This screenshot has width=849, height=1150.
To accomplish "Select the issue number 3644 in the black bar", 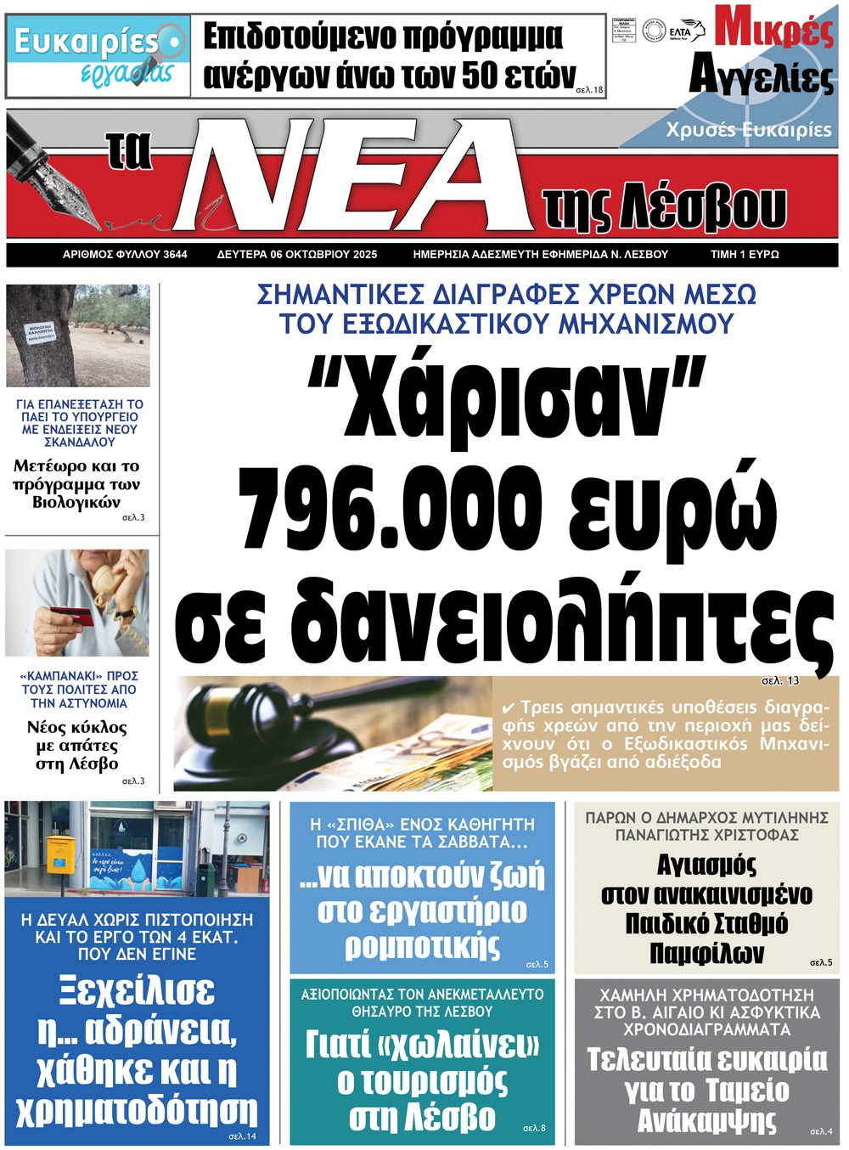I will pyautogui.click(x=176, y=254).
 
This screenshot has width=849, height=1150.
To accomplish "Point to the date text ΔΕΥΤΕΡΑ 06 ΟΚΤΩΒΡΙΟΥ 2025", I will pyautogui.click(x=297, y=254).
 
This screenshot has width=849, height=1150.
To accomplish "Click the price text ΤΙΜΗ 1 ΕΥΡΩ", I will pyautogui.click(x=745, y=254).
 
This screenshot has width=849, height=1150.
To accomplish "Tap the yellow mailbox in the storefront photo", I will pyautogui.click(x=59, y=853).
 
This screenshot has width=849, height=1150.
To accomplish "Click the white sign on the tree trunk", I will pyautogui.click(x=41, y=332).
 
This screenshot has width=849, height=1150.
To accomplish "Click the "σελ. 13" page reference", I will pyautogui.click(x=780, y=680).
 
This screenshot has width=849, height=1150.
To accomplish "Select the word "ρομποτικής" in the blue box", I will pyautogui.click(x=423, y=945).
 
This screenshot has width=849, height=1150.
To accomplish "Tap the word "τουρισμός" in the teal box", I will pyautogui.click(x=423, y=1082).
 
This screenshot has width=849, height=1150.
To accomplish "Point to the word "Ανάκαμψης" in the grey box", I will pyautogui.click(x=707, y=1121).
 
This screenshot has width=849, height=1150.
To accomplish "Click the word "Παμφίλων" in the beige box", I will pyautogui.click(x=706, y=953).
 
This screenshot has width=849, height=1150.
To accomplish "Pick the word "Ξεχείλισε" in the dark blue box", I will pyautogui.click(x=137, y=991).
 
